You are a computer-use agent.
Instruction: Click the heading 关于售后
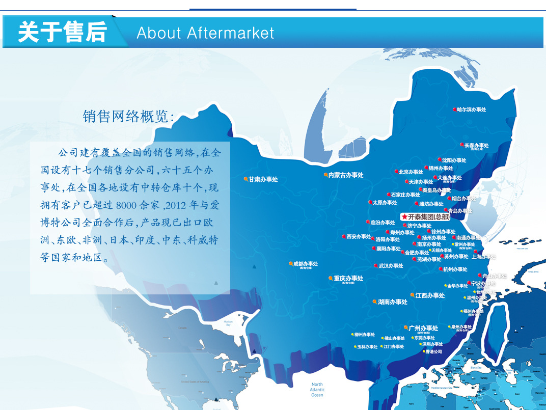[x=62, y=32]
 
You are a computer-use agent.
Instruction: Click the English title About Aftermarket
[x=205, y=33]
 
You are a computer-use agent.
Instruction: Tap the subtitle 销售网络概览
[x=128, y=117]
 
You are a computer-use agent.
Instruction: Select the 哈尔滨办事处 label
[x=472, y=110]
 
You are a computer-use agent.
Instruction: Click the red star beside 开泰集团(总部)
[x=404, y=216]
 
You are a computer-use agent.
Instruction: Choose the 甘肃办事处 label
[x=263, y=179]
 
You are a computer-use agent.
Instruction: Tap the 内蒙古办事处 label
[x=346, y=175]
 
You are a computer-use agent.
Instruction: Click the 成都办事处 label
[x=305, y=264]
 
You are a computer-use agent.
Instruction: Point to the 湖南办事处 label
[x=393, y=302]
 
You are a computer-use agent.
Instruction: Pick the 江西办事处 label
[x=430, y=295]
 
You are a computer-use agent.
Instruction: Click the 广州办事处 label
[x=423, y=328]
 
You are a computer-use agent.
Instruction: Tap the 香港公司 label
[x=433, y=351]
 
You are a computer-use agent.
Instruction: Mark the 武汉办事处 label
[x=391, y=265]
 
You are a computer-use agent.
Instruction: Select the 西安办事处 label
[x=359, y=236]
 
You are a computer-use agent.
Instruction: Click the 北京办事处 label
[x=411, y=172]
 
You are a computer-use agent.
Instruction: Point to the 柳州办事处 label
[x=364, y=335]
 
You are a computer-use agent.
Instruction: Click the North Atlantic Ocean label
[x=317, y=390]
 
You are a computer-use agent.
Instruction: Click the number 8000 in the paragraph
[x=127, y=205]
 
